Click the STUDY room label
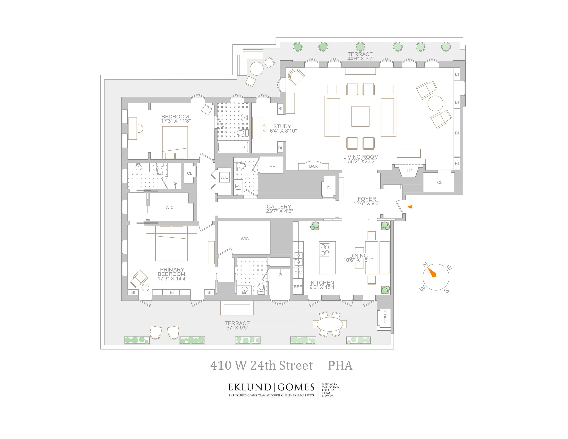pos(282,126)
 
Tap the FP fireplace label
pos(409,170)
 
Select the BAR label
pos(313,166)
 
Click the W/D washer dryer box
pos(224,177)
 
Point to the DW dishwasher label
pos(298,273)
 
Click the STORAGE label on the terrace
pos(385,318)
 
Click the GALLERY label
pos(279,206)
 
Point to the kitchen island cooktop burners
pos(325,250)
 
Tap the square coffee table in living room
pos(360,116)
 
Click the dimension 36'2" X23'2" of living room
pos(362,161)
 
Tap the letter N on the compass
pos(425,265)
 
